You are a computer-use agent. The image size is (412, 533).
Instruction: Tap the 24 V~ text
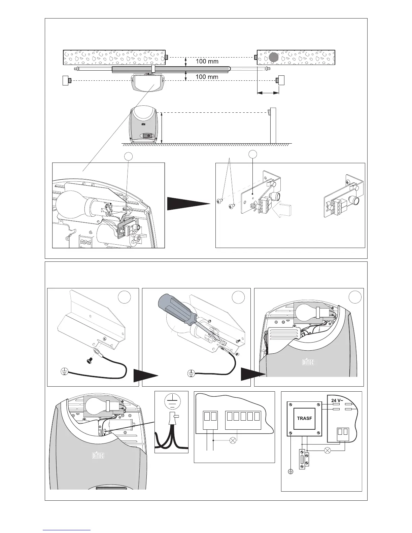[338, 400]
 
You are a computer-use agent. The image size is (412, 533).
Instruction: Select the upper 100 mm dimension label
[207, 62]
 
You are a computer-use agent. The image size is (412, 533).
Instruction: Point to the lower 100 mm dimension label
[207, 77]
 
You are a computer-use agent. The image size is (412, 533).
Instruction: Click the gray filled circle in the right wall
[274, 57]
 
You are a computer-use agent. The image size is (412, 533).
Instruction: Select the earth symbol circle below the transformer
[291, 472]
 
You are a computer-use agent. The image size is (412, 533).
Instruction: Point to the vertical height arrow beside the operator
[162, 128]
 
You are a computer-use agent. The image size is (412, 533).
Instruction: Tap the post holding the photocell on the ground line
[273, 126]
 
